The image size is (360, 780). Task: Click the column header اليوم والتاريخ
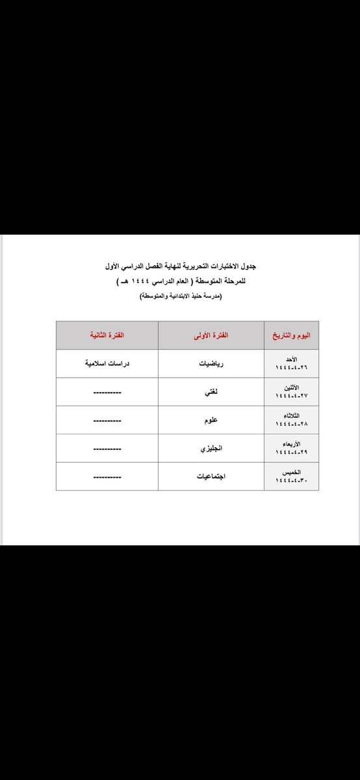(x=291, y=335)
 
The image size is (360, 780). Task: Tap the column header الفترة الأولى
(x=211, y=335)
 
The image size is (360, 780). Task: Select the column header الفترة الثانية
(x=107, y=335)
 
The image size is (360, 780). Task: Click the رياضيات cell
(x=211, y=364)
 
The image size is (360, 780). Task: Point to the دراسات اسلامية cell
(x=107, y=364)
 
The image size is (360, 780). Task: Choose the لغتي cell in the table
(x=211, y=393)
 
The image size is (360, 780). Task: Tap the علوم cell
(x=211, y=421)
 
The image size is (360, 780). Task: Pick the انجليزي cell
(x=211, y=448)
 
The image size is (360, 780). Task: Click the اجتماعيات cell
(x=211, y=476)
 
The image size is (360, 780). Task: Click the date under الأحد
(x=291, y=368)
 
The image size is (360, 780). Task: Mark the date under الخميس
(x=291, y=480)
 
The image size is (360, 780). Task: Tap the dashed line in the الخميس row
(x=107, y=478)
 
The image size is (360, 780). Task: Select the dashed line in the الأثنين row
(x=107, y=393)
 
